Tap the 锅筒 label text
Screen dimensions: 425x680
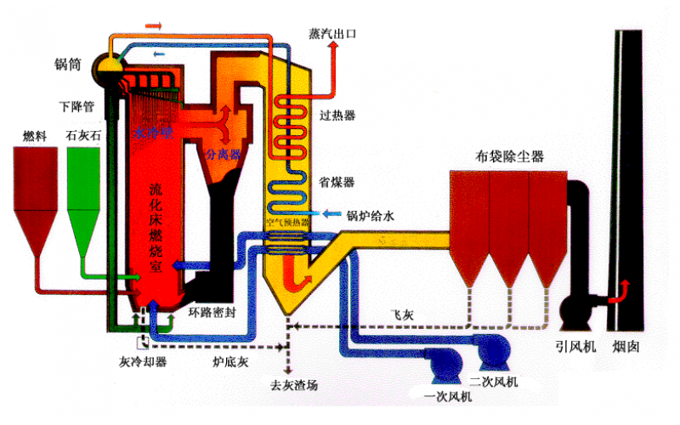tap(69, 64)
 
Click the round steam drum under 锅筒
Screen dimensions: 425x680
tap(110, 64)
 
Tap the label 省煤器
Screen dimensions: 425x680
tap(337, 182)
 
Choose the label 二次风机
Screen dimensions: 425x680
tap(493, 379)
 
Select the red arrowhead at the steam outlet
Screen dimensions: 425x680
tap(332, 51)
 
